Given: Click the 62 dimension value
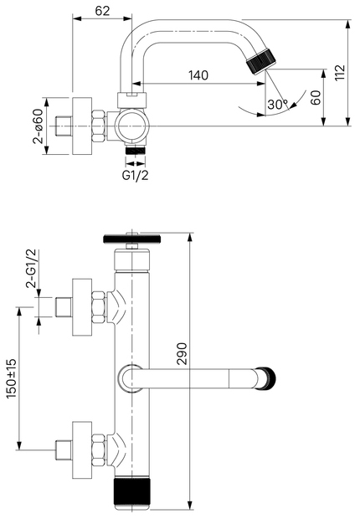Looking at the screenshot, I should click(103, 12).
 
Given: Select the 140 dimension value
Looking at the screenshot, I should click(198, 76).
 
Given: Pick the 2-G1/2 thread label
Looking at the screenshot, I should click(32, 269).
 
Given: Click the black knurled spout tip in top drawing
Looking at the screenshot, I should click(260, 63).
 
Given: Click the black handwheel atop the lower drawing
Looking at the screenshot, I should click(132, 239).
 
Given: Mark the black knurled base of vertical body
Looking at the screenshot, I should click(132, 493).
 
